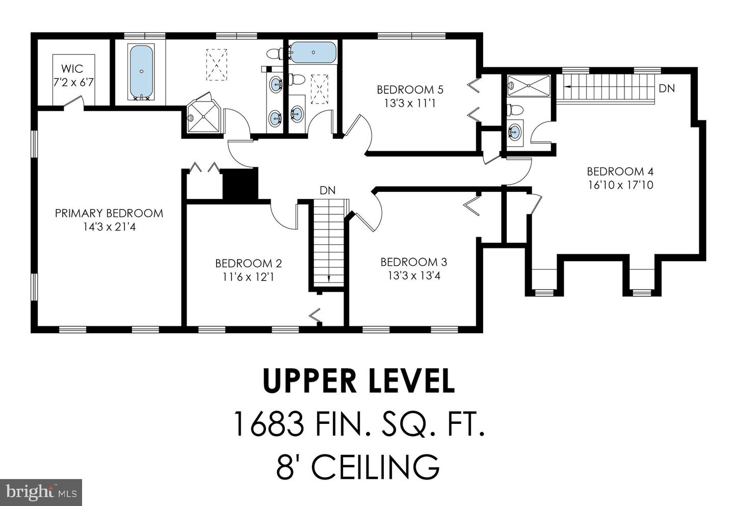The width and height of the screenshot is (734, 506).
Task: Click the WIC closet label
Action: click(x=72, y=69)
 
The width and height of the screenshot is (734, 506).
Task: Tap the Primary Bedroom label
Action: click(x=109, y=214)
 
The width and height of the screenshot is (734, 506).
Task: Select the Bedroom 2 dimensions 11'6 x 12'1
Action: click(x=248, y=277)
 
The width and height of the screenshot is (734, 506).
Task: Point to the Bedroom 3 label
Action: click(x=414, y=262)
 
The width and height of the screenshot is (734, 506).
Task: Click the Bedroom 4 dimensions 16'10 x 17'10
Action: click(x=621, y=185)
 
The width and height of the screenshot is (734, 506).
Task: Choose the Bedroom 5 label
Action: click(x=410, y=90)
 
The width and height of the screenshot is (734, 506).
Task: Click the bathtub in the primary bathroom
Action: click(x=141, y=71)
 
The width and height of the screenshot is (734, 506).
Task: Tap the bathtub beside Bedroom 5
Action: click(x=313, y=52)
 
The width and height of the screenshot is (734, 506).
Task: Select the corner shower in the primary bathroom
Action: click(x=204, y=115)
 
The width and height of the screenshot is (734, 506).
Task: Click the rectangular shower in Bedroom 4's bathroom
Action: click(x=529, y=86)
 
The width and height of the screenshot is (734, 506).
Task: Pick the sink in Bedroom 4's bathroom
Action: click(x=515, y=132)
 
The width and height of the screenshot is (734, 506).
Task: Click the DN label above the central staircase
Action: click(x=328, y=191)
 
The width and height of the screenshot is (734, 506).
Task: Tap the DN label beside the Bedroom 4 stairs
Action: click(x=667, y=88)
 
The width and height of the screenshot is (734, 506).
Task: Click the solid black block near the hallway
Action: click(x=240, y=184)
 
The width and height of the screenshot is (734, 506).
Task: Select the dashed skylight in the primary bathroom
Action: click(x=216, y=65)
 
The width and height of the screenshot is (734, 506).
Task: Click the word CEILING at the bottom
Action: click(x=375, y=467)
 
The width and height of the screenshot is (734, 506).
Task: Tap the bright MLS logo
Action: click(x=41, y=492)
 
